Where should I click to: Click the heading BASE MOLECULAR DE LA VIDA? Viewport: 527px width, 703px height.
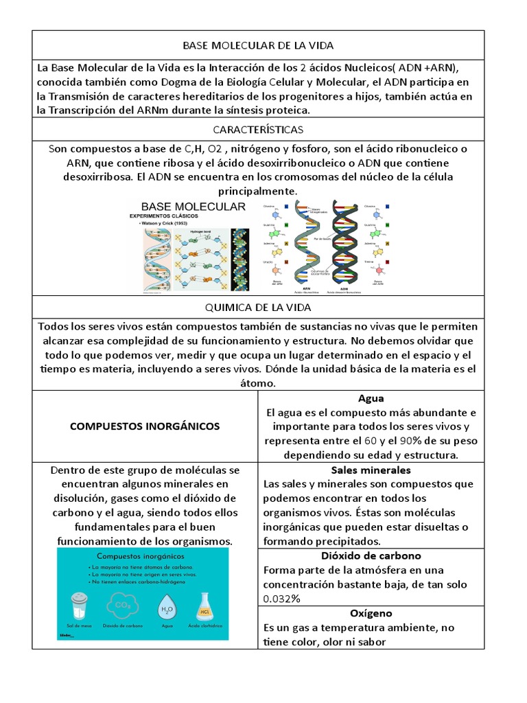pos(257,45)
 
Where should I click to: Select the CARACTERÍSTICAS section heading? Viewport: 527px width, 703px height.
pos(257,129)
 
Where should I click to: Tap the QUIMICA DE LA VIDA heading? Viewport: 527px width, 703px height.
pos(257,308)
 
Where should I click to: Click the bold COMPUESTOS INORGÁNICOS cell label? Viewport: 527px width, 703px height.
pos(145,426)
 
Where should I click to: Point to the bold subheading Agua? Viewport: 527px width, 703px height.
pos(371,398)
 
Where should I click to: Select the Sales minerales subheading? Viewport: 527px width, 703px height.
pos(371,470)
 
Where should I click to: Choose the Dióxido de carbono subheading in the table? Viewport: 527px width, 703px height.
pos(371,556)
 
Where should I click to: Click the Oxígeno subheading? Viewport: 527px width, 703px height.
pos(371,613)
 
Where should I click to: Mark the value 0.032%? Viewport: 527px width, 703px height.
pos(281,599)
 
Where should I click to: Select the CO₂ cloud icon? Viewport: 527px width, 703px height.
pos(124,606)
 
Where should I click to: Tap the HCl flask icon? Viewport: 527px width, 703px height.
pos(204,606)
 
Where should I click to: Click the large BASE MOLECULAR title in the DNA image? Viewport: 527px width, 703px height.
pos(193,207)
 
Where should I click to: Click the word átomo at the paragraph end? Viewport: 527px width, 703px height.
pos(257,384)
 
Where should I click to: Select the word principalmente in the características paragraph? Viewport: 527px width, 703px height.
pos(257,191)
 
